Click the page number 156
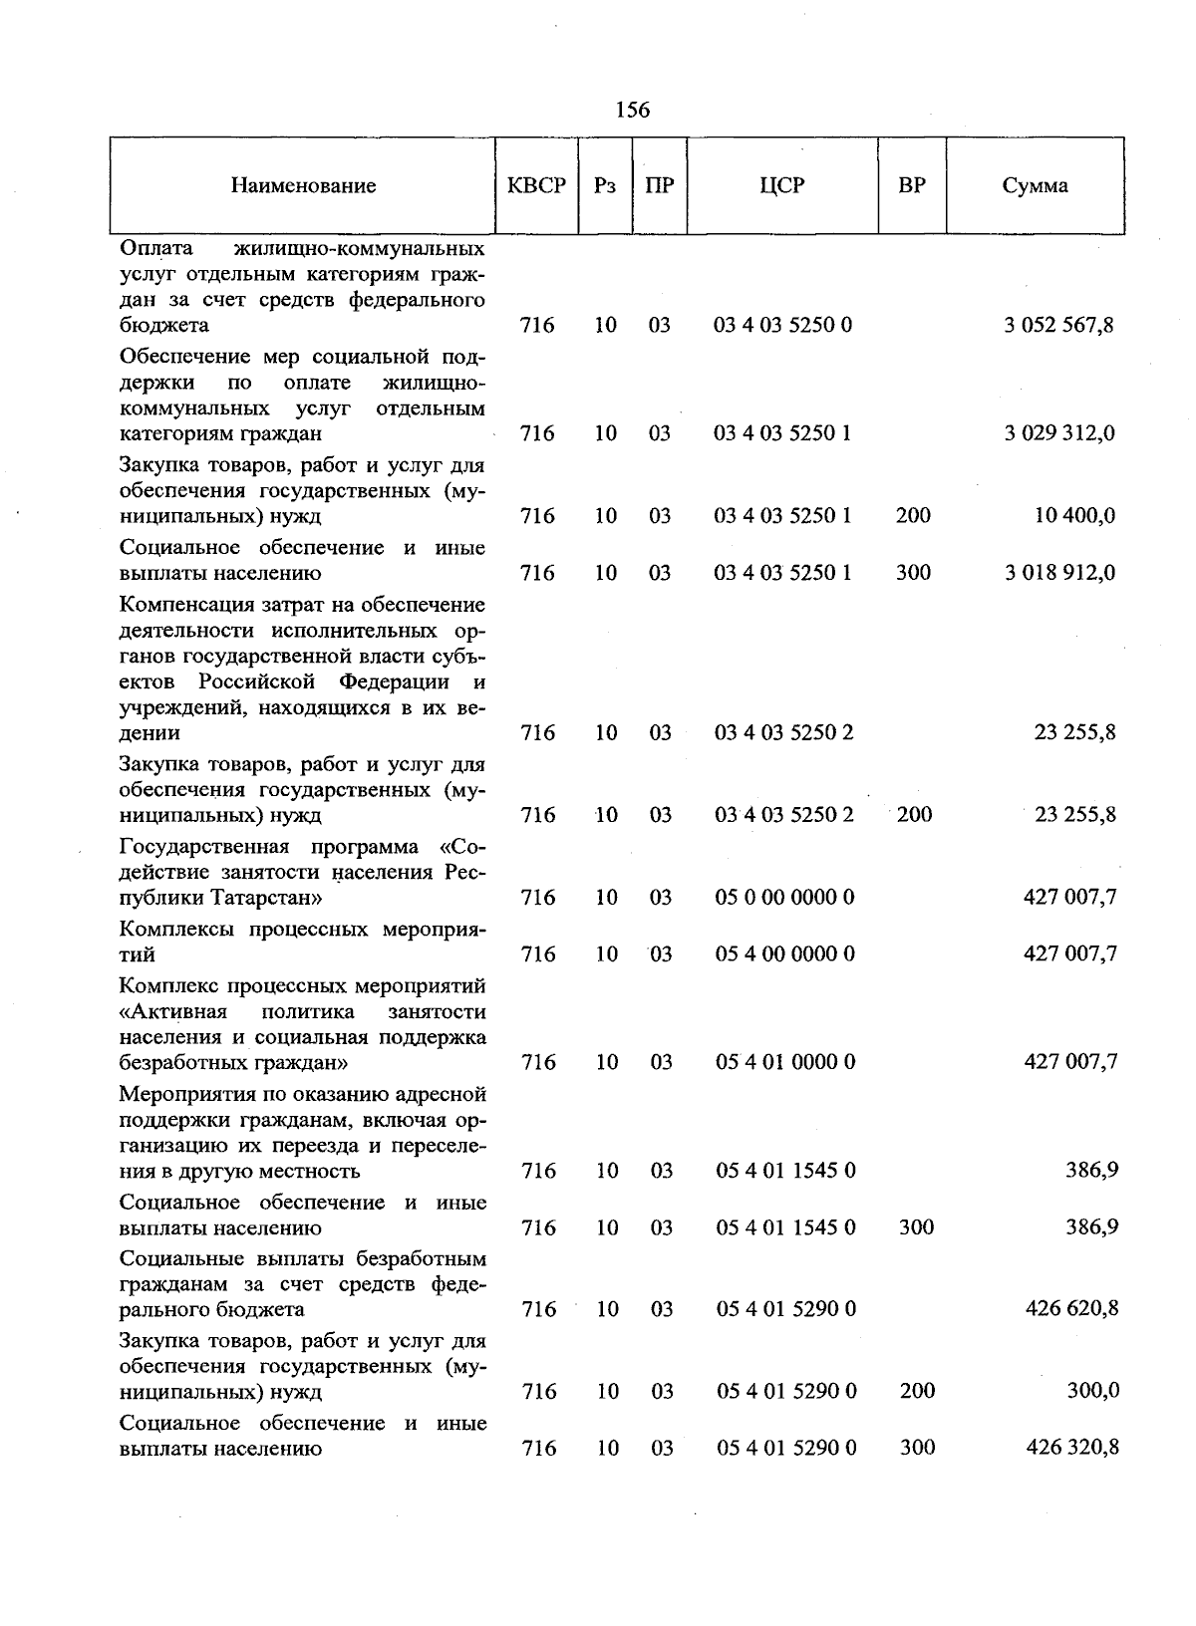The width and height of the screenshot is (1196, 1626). click(633, 110)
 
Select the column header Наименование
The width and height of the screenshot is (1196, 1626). click(303, 186)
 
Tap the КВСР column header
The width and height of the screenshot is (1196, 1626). click(536, 186)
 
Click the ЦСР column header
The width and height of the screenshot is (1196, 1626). click(781, 186)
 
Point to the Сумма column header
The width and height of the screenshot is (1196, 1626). click(1035, 186)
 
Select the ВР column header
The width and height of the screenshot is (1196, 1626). click(911, 186)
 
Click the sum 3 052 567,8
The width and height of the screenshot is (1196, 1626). click(1058, 326)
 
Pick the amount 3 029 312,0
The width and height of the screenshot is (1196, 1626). click(1059, 433)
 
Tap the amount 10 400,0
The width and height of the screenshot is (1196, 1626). click(1074, 516)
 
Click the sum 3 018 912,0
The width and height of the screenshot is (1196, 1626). click(1059, 573)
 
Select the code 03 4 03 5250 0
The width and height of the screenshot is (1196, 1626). click(782, 326)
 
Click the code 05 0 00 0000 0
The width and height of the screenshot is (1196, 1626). click(784, 898)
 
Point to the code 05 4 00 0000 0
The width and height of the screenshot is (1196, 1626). click(784, 954)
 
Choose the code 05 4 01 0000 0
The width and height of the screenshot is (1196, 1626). click(784, 1062)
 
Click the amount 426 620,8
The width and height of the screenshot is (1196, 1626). click(1071, 1308)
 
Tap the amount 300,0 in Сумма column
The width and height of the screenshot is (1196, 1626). click(1092, 1391)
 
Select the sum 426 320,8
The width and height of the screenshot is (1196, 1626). click(1071, 1448)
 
